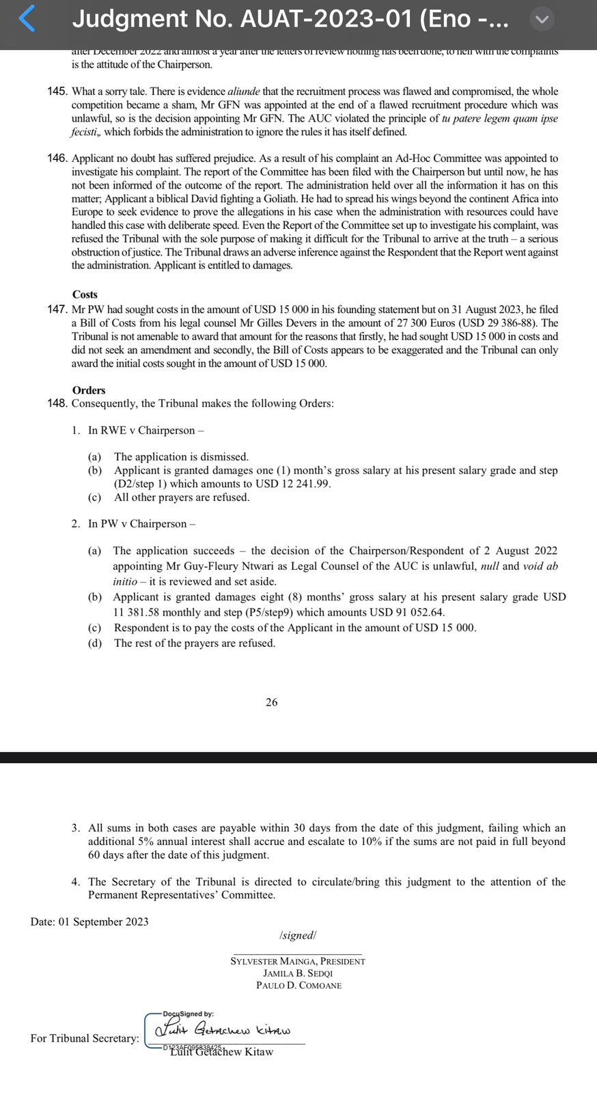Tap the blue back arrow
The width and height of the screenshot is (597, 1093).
(27, 18)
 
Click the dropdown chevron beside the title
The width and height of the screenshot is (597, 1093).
(542, 19)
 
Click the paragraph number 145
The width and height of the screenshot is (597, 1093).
(58, 92)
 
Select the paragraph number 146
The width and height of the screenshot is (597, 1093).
(58, 158)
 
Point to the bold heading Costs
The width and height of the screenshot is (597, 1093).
(85, 294)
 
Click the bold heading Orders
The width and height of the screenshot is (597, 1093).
(89, 390)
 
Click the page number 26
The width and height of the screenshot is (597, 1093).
(272, 702)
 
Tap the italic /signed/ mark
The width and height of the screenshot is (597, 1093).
(298, 935)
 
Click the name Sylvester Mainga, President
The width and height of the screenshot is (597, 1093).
(298, 961)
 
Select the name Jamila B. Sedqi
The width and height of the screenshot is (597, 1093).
(298, 973)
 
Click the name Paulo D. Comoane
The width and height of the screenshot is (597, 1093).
(298, 986)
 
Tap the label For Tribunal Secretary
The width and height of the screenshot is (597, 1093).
(85, 1038)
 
